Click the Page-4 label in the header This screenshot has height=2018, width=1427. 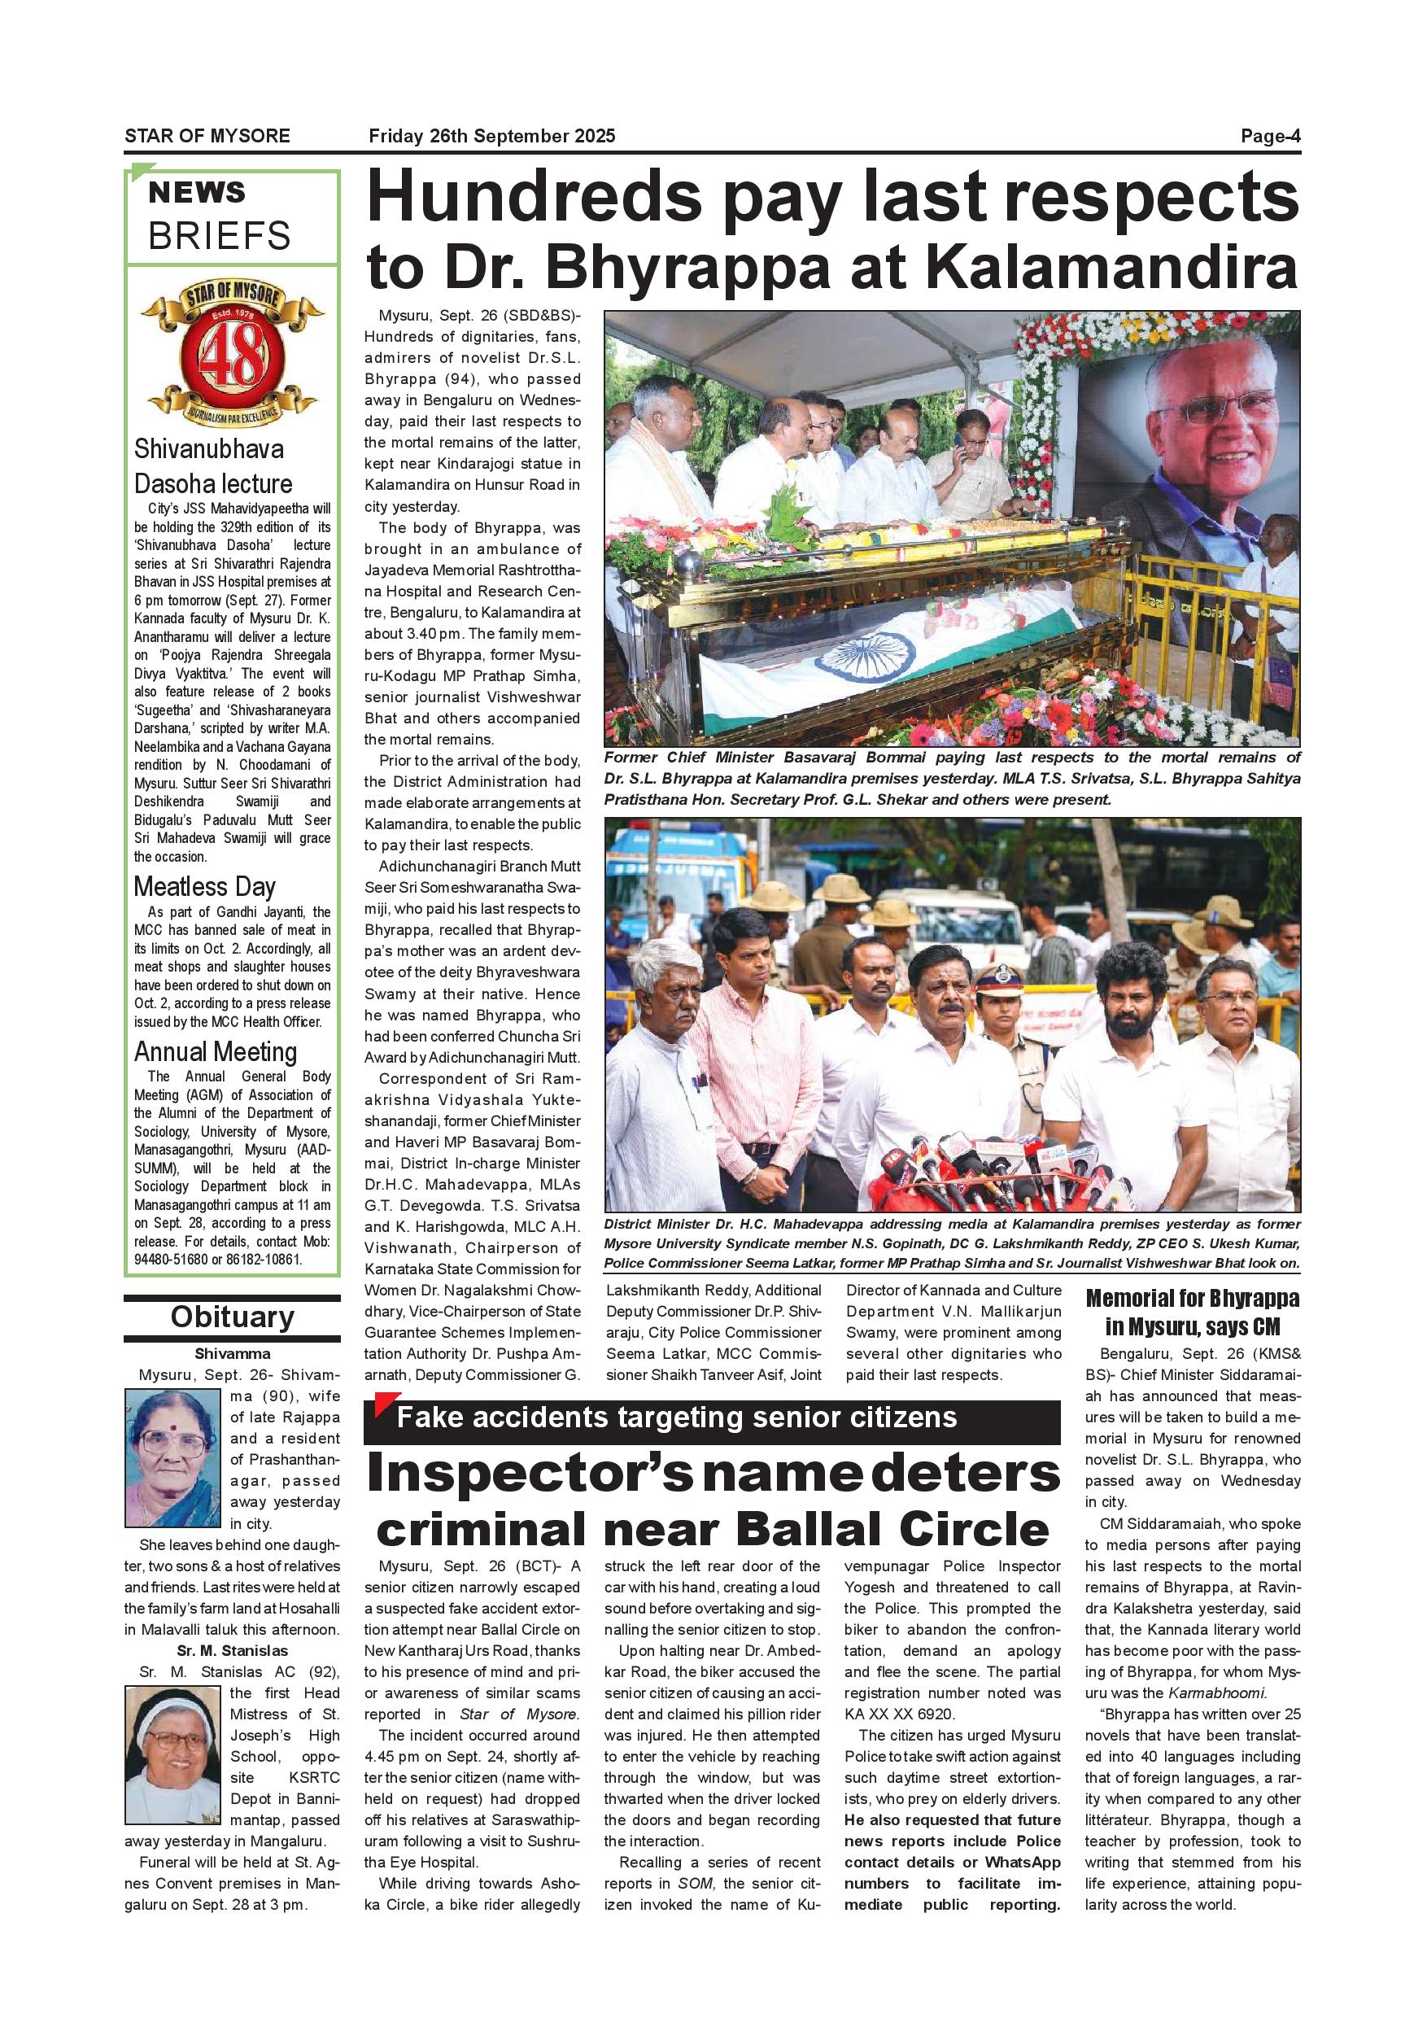[1270, 136]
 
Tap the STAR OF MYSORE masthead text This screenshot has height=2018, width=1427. [207, 136]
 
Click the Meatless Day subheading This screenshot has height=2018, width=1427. [205, 886]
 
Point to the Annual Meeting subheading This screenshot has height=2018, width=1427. [216, 1051]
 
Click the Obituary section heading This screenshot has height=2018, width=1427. [232, 1317]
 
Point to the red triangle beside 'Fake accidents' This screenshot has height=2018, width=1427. [385, 1405]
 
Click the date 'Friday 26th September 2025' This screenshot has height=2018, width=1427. [492, 136]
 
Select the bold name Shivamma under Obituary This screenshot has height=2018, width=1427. [232, 1353]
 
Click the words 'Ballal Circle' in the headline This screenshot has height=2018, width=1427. [892, 1531]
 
